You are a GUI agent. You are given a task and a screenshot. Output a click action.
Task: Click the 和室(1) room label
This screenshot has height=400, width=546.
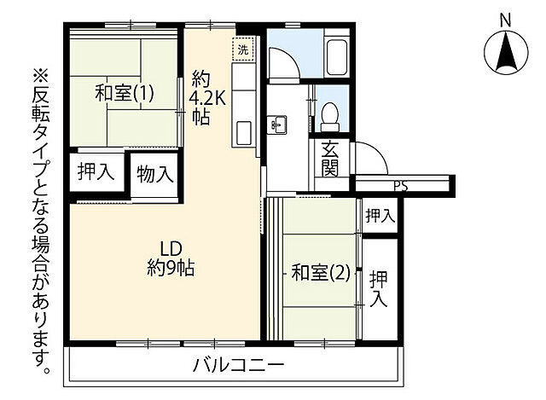pyautogui.click(x=124, y=94)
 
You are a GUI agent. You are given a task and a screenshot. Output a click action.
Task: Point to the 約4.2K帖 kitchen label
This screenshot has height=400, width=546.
pyautogui.click(x=207, y=98)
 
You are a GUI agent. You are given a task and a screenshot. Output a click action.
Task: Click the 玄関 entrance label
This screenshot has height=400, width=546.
pyautogui.click(x=331, y=158)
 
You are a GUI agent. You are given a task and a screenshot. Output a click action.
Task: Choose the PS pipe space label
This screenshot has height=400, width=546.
pyautogui.click(x=399, y=185)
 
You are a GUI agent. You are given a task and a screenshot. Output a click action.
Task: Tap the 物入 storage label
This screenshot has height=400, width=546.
pyautogui.click(x=155, y=174)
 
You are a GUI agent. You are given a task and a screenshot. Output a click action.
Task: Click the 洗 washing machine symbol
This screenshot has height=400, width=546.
pyautogui.click(x=245, y=49)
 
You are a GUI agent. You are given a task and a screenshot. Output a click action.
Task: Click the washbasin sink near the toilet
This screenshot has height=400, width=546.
pyautogui.click(x=277, y=125)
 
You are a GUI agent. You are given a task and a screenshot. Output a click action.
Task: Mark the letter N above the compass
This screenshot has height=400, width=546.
pyautogui.click(x=504, y=19)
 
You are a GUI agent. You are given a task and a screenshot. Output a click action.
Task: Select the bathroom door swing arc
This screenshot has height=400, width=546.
pyautogui.click(x=284, y=63)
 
